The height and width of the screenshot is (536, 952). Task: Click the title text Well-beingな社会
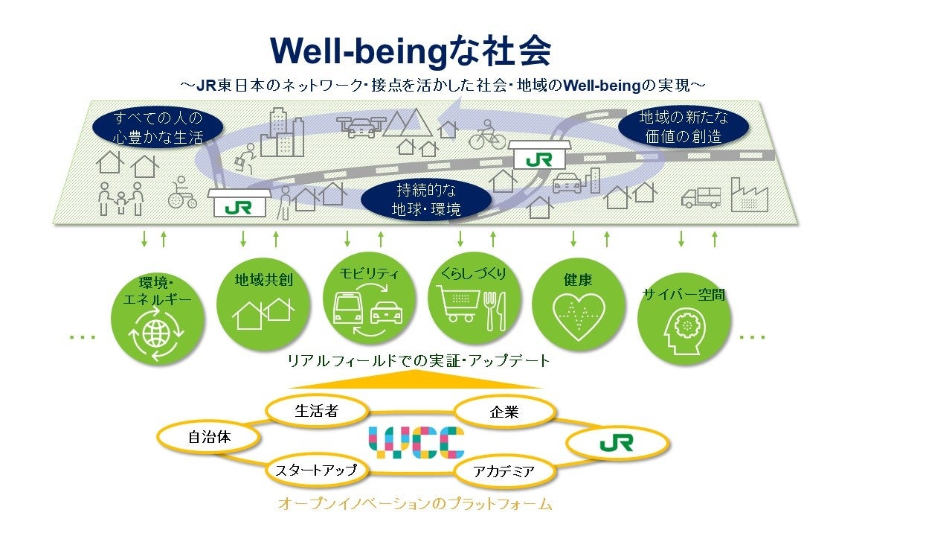coord(411,51)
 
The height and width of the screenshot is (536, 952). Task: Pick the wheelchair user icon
coord(183,193)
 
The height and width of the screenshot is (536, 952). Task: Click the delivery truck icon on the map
coord(701,197)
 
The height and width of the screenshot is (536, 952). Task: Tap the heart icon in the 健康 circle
coord(578,314)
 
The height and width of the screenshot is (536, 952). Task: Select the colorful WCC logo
coord(416,442)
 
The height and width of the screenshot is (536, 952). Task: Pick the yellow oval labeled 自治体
coord(209,438)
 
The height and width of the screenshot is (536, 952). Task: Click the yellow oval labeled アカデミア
coord(504,471)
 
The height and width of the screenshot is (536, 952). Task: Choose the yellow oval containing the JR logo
coord(617,444)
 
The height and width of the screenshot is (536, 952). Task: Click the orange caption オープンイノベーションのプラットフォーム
coord(415,504)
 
